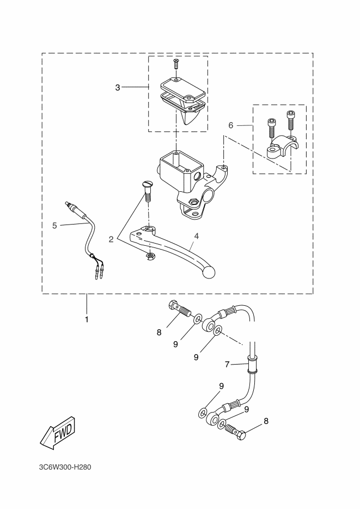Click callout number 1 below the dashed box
coord(87,319)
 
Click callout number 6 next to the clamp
coord(231,125)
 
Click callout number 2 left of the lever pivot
coord(111,239)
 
